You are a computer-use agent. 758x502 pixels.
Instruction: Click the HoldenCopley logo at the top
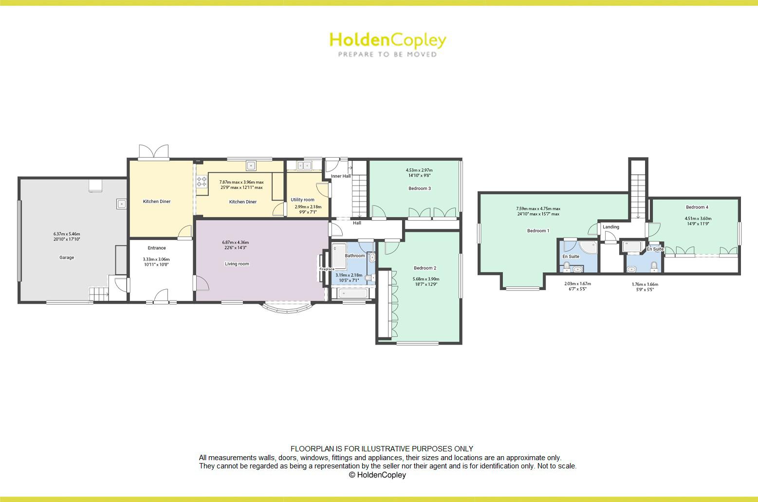[x=388, y=44]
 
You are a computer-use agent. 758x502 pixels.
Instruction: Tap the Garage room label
[x=67, y=258]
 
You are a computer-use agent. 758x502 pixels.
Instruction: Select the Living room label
[x=237, y=264]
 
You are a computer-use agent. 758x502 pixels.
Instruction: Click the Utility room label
[x=302, y=200]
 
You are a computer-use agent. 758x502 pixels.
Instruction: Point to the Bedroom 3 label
[x=419, y=188]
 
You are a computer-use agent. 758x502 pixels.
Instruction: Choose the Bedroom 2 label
[x=425, y=268]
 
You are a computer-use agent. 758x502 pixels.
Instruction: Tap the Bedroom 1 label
[x=538, y=231]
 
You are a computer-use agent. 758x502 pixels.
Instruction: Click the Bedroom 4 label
[x=697, y=207]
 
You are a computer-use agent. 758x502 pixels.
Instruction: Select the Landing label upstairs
[x=610, y=227]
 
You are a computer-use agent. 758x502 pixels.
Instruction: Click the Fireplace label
[x=327, y=269]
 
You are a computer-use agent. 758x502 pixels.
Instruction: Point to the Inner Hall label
[x=341, y=176]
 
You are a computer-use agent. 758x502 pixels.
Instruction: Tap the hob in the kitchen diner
[x=202, y=182]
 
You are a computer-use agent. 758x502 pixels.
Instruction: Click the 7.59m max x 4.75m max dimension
[x=538, y=211]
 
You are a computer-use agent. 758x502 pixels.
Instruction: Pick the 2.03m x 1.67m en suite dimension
[x=577, y=286]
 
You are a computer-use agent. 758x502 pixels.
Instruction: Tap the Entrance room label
[x=157, y=248]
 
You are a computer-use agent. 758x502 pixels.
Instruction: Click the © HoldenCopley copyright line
[x=377, y=475]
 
